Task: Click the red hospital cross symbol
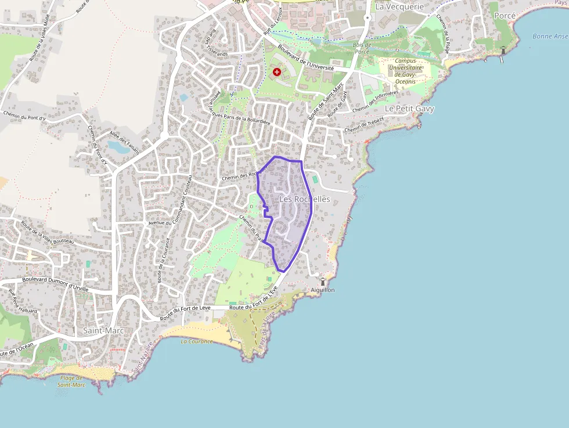[x=277, y=72]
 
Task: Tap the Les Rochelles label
[x=304, y=199]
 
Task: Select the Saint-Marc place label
[x=103, y=330]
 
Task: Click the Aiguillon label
[x=323, y=290]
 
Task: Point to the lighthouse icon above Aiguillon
[x=323, y=282]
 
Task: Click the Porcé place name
[x=504, y=16]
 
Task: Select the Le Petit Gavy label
[x=409, y=109]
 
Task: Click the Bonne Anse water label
[x=550, y=37]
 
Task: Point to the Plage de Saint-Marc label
[x=72, y=381]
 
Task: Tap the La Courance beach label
[x=197, y=341]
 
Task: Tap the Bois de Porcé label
[x=361, y=48]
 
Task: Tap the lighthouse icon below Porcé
[x=503, y=51]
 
